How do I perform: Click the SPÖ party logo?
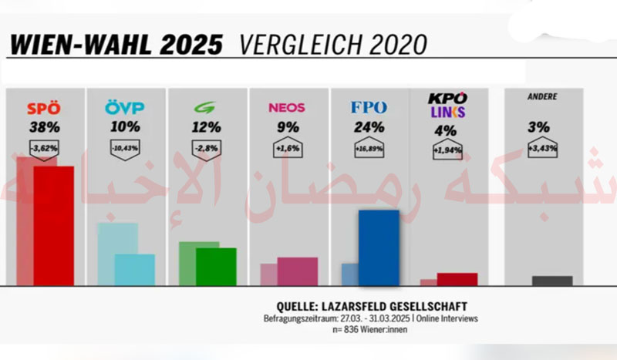(43, 108)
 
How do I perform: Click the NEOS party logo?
(287, 108)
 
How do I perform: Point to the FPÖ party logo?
(369, 108)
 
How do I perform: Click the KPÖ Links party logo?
(447, 106)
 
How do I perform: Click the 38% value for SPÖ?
(43, 126)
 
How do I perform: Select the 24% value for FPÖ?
(369, 126)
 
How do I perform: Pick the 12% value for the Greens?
(205, 126)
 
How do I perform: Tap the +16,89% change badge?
(369, 146)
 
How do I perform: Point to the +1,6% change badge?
(287, 146)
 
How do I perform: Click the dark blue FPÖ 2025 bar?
(379, 247)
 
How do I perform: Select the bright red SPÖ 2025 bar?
(53, 225)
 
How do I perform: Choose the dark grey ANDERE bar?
(552, 281)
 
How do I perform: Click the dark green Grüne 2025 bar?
(216, 266)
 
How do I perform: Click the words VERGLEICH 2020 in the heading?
(332, 44)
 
